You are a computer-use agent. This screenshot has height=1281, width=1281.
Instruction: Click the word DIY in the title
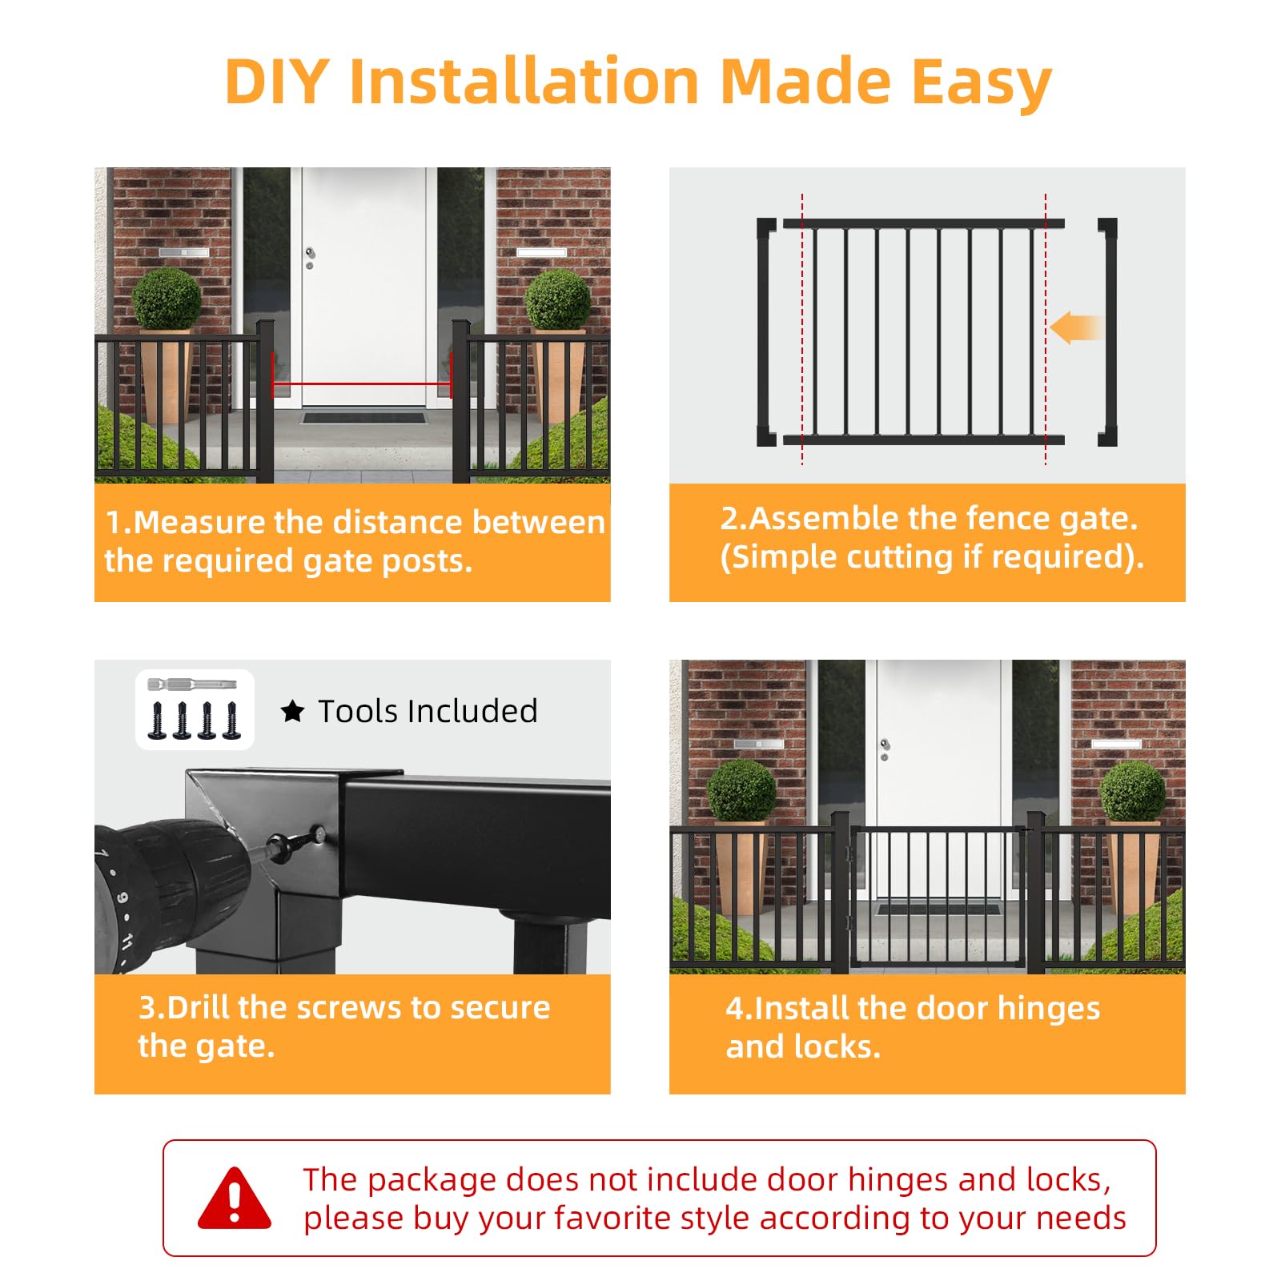(x=277, y=82)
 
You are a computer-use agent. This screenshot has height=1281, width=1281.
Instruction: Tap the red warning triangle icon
(x=235, y=1198)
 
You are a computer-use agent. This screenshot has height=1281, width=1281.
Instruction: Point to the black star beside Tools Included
(x=293, y=711)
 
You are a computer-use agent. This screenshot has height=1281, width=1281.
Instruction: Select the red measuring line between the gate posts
(x=362, y=384)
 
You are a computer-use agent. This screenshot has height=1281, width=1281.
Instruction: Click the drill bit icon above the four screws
(x=193, y=685)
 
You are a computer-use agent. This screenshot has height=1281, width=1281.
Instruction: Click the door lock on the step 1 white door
(x=310, y=258)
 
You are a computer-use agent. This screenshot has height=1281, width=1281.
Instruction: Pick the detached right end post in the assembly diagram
(x=1107, y=331)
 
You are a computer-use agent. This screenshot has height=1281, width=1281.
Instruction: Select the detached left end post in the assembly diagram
(x=766, y=331)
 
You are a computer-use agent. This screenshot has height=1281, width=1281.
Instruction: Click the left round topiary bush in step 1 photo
(x=167, y=299)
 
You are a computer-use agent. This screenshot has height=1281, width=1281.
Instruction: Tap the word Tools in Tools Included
(x=362, y=711)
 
